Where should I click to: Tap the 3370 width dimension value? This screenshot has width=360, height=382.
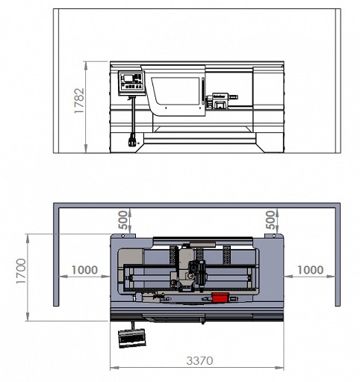pos(199,361)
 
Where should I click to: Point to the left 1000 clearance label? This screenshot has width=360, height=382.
pos(84,269)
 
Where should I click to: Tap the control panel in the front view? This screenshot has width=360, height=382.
pos(132,81)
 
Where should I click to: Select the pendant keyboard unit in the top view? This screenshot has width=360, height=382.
pos(130,337)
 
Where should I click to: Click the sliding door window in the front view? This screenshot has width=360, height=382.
pos(178,93)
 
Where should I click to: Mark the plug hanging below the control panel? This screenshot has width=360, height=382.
pos(134,140)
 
